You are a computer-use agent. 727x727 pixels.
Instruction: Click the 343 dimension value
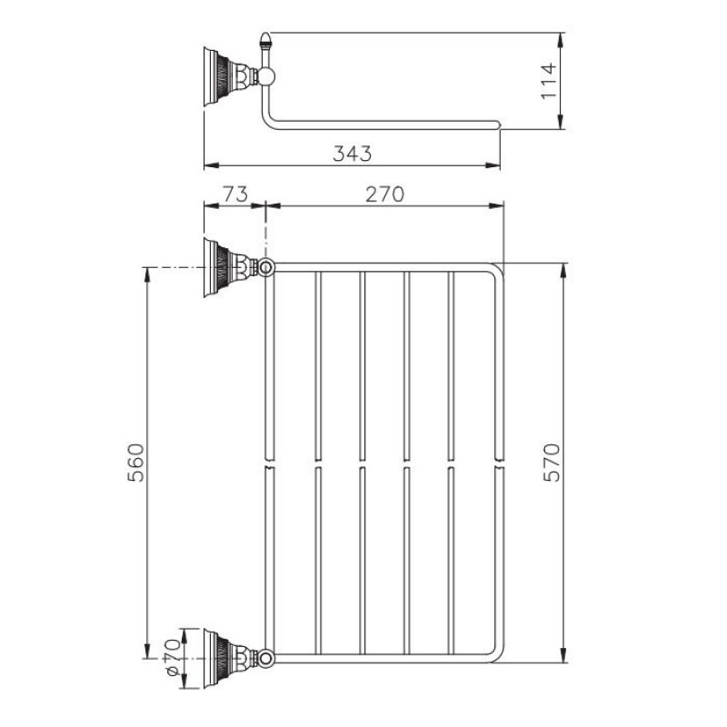point(353,154)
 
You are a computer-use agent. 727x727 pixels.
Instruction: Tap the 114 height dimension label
point(549,81)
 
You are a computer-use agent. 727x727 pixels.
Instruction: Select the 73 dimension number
point(236,194)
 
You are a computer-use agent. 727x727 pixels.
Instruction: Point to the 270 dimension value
point(384,194)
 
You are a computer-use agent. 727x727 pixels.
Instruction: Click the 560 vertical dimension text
point(135,463)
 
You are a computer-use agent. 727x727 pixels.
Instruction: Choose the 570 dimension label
point(552,463)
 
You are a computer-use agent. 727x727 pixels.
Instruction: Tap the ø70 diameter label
point(172,657)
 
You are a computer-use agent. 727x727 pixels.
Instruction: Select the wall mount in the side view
point(231,76)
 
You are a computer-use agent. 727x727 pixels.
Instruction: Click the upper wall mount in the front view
point(231,267)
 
